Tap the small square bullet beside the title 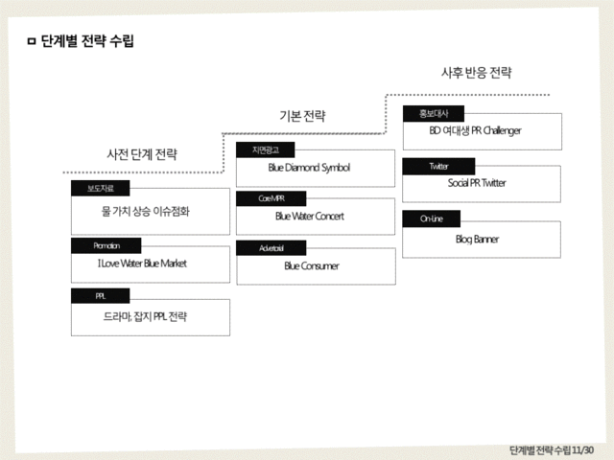32,41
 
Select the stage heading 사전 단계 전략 141,153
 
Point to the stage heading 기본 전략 302,116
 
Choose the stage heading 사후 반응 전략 476,73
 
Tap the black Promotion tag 106,245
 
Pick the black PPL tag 100,296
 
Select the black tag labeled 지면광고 265,149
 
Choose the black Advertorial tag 271,248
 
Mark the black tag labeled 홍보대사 434,113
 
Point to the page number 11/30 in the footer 581,449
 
